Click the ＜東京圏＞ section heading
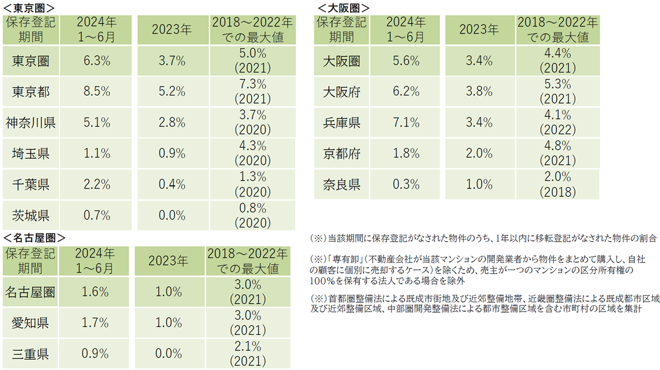tap(29, 8)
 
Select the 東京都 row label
tap(31, 91)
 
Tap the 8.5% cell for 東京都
tap(97, 91)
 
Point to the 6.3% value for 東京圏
tap(97, 61)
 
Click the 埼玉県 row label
tap(31, 154)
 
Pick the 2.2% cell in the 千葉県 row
tap(97, 185)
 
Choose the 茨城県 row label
tap(31, 215)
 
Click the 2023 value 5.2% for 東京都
tap(172, 91)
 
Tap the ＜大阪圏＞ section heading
tap(344, 8)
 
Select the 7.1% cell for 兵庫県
tap(406, 122)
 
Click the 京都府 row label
tap(342, 154)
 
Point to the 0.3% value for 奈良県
tap(406, 185)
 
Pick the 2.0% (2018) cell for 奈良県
tap(558, 185)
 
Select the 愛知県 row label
tap(30, 322)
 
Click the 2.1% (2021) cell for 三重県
tap(248, 354)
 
